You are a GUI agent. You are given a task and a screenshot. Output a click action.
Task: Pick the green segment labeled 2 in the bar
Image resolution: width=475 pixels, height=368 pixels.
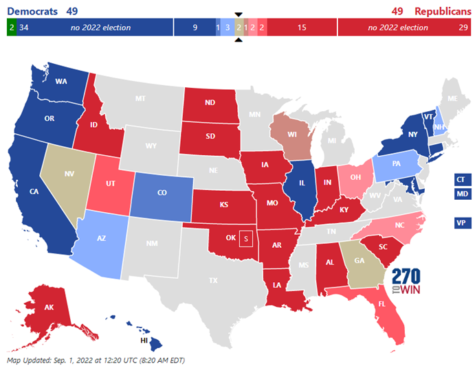pos(12,27)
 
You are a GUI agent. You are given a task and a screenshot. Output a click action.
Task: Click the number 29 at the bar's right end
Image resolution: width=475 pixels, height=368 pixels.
pos(463,27)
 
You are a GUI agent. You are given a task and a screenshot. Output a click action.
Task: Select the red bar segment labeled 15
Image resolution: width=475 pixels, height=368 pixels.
pos(302,27)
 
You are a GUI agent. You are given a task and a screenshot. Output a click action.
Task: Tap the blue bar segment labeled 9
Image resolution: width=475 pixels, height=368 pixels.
pos(195,27)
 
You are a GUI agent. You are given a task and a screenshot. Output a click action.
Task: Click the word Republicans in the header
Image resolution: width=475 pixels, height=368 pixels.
pos(443,11)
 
